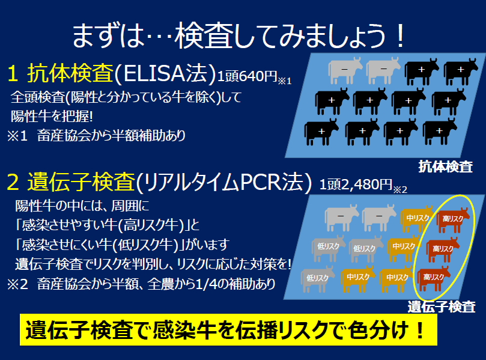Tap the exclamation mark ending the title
coord(401,36)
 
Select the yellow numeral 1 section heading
coord(13,74)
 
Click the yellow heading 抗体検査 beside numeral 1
coord(70,73)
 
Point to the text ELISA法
coord(165,73)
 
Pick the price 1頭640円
coord(247,76)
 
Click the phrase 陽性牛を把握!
coord(52,117)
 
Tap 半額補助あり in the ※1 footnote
coord(149,135)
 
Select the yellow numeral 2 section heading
coord(13,182)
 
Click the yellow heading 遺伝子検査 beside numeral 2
coord(81,182)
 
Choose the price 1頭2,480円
coord(356,185)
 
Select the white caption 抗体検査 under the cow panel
coord(445,166)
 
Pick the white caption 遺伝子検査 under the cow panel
coord(442,307)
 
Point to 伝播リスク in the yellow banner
coord(273,330)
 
